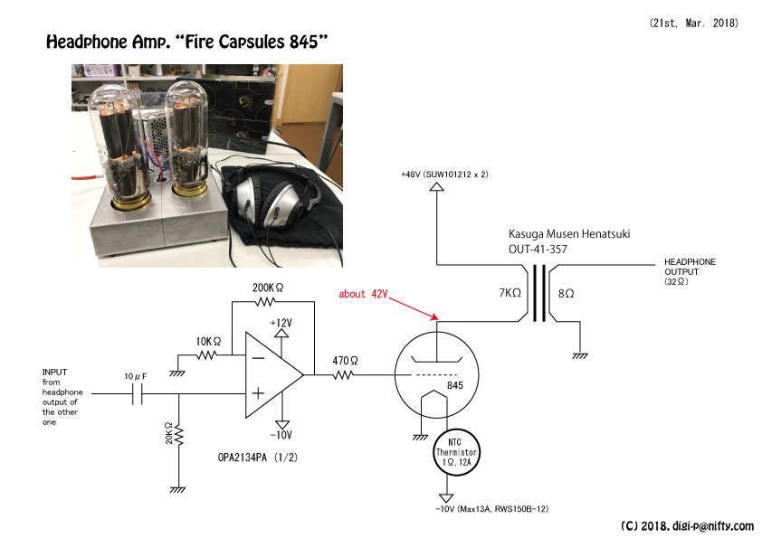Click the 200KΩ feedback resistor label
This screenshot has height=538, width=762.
point(267,288)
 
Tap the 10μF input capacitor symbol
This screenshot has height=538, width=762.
point(138,393)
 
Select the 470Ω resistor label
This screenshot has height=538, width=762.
point(345,361)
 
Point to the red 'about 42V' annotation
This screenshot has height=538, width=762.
point(363,294)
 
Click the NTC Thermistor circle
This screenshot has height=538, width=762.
point(456,452)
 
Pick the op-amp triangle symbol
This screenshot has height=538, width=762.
point(273,375)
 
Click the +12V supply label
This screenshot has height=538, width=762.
point(281,323)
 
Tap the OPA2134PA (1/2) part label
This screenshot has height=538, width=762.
point(258,458)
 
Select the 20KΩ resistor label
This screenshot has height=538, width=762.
point(168,433)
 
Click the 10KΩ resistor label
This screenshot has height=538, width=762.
point(208,342)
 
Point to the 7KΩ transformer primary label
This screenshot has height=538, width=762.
point(510,293)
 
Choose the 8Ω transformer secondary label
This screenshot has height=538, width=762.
point(567,293)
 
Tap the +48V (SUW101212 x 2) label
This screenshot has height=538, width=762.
point(444,175)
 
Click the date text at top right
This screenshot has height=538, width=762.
point(693,23)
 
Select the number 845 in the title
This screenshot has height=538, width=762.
point(304,42)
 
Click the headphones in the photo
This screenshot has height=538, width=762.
point(272,199)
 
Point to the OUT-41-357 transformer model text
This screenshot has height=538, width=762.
point(538,249)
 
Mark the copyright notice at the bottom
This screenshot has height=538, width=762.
point(687,526)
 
